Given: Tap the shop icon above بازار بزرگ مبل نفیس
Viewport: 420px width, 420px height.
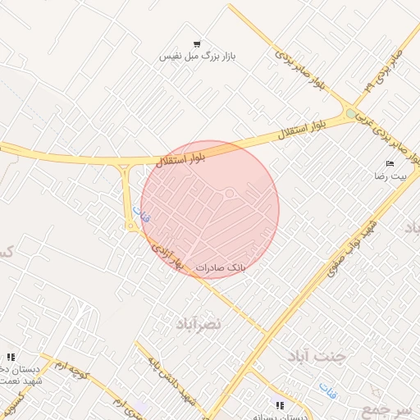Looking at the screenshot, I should [197, 43].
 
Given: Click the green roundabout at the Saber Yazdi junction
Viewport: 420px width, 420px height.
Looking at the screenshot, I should [351, 113].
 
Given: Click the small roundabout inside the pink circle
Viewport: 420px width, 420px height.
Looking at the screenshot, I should [231, 194].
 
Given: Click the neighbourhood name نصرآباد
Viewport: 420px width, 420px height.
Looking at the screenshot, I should [199, 325].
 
